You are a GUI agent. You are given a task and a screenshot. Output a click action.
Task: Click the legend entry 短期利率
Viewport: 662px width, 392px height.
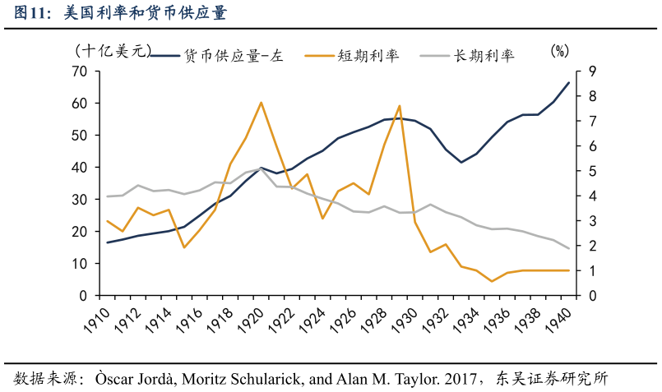pyautogui.click(x=368, y=56)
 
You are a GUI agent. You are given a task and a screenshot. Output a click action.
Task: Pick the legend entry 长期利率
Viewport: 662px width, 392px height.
pyautogui.click(x=484, y=56)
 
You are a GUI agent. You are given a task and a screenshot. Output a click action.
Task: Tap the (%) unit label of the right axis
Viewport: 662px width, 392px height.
pyautogui.click(x=559, y=51)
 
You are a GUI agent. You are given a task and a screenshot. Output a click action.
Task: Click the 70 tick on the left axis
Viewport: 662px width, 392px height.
pyautogui.click(x=79, y=71)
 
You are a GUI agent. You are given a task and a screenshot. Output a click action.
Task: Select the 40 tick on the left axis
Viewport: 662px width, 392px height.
pyautogui.click(x=79, y=168)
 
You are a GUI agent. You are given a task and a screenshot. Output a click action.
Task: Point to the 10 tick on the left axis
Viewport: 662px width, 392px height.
pyautogui.click(x=79, y=264)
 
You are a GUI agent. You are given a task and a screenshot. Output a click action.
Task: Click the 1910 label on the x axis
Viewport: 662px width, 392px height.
pyautogui.click(x=96, y=319)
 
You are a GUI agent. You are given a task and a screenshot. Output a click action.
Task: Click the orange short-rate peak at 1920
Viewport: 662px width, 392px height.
pyautogui.click(x=261, y=103)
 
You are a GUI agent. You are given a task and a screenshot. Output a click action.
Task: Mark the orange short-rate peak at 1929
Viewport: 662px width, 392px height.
pyautogui.click(x=399, y=106)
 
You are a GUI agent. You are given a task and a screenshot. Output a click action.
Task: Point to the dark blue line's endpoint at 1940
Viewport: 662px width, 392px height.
pyautogui.click(x=568, y=82)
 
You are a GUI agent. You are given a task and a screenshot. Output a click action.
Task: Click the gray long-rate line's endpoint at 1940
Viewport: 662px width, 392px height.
pyautogui.click(x=568, y=248)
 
